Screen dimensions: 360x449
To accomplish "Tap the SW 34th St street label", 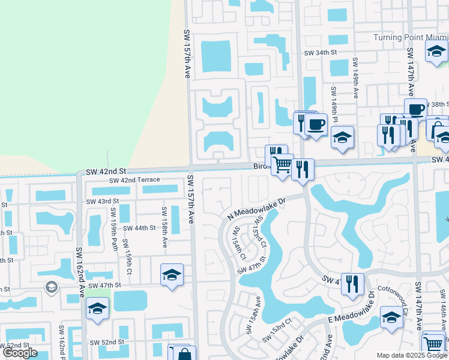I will (x=321, y=53).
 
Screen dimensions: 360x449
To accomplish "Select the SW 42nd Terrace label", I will (x=134, y=180).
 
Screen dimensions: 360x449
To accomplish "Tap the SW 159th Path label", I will (x=113, y=229).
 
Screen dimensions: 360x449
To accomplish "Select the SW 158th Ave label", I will (x=163, y=227).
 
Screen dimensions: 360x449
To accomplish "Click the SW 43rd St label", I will (x=103, y=201).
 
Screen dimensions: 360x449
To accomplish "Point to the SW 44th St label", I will (x=139, y=229).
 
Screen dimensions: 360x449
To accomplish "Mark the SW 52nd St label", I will (x=106, y=342).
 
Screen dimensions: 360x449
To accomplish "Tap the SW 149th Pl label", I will (x=334, y=106).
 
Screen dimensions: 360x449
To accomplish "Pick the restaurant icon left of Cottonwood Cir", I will (x=352, y=283).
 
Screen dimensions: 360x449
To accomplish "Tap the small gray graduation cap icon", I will (x=51, y=287).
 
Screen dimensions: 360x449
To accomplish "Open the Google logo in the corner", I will (x=20, y=353).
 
